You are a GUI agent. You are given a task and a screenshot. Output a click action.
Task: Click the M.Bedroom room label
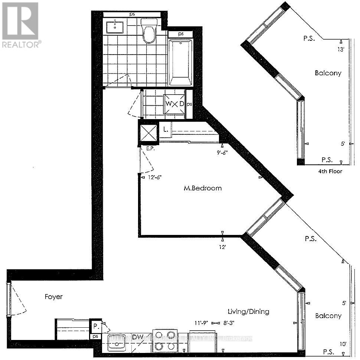click(203, 188)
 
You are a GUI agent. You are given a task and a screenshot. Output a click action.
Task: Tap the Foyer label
click(53, 297)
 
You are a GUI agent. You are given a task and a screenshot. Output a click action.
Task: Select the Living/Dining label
click(248, 311)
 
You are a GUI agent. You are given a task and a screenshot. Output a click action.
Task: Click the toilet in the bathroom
click(149, 32)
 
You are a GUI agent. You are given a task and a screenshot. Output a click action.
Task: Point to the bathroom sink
click(115, 27)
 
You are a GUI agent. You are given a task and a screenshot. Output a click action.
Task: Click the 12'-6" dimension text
click(155, 177)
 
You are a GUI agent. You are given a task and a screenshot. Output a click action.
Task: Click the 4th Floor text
click(330, 171)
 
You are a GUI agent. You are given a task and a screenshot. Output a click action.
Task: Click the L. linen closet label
click(166, 130)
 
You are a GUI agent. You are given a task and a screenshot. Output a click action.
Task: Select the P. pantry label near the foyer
click(96, 327)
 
